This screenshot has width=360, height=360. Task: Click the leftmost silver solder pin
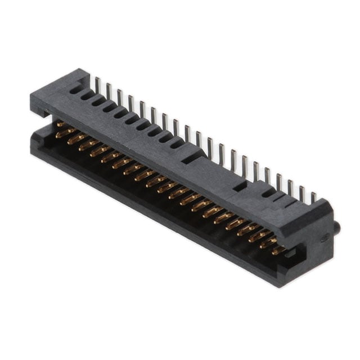pyautogui.click(x=97, y=84)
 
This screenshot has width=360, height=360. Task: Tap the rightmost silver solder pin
pyautogui.click(x=313, y=197)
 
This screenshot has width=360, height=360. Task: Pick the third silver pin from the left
pyautogui.click(x=119, y=96)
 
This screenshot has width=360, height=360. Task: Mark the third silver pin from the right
pyautogui.click(x=290, y=187)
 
